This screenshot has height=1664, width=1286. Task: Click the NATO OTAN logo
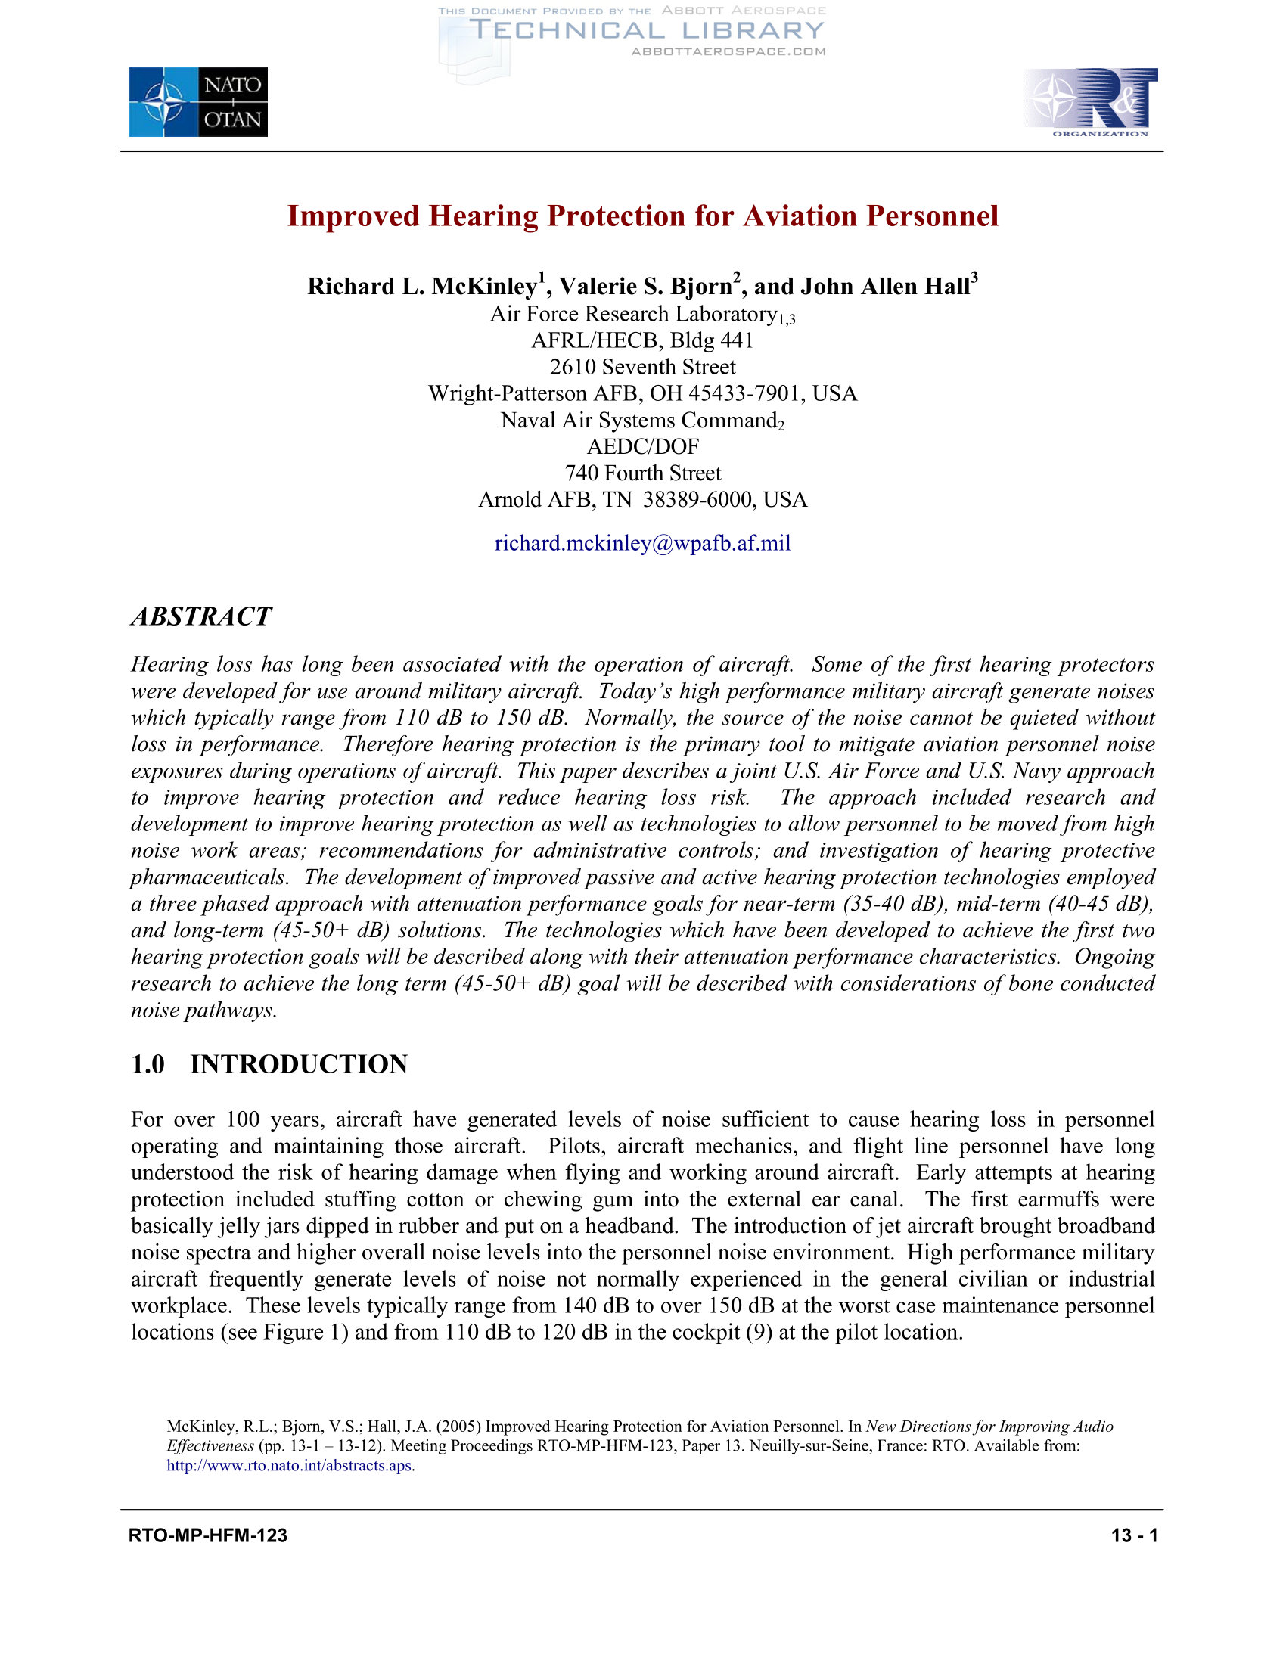tap(198, 102)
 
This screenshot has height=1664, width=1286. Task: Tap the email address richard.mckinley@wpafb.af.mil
tap(642, 543)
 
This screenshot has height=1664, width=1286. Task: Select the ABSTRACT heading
tap(201, 616)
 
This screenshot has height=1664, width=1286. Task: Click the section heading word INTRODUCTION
tap(299, 1064)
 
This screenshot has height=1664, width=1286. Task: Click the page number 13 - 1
tap(1135, 1535)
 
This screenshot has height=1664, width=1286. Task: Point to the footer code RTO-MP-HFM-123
tap(208, 1535)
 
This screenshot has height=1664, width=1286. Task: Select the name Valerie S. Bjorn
tap(645, 287)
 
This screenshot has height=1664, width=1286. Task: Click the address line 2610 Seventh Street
tap(642, 368)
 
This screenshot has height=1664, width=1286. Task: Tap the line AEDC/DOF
tap(642, 446)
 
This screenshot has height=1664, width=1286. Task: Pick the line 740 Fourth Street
tap(642, 473)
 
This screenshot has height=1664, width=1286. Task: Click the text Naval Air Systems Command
tap(638, 421)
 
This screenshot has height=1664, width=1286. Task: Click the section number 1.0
tap(148, 1064)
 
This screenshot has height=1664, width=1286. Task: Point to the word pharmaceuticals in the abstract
tap(209, 877)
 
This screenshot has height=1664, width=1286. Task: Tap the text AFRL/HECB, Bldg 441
tap(642, 340)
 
